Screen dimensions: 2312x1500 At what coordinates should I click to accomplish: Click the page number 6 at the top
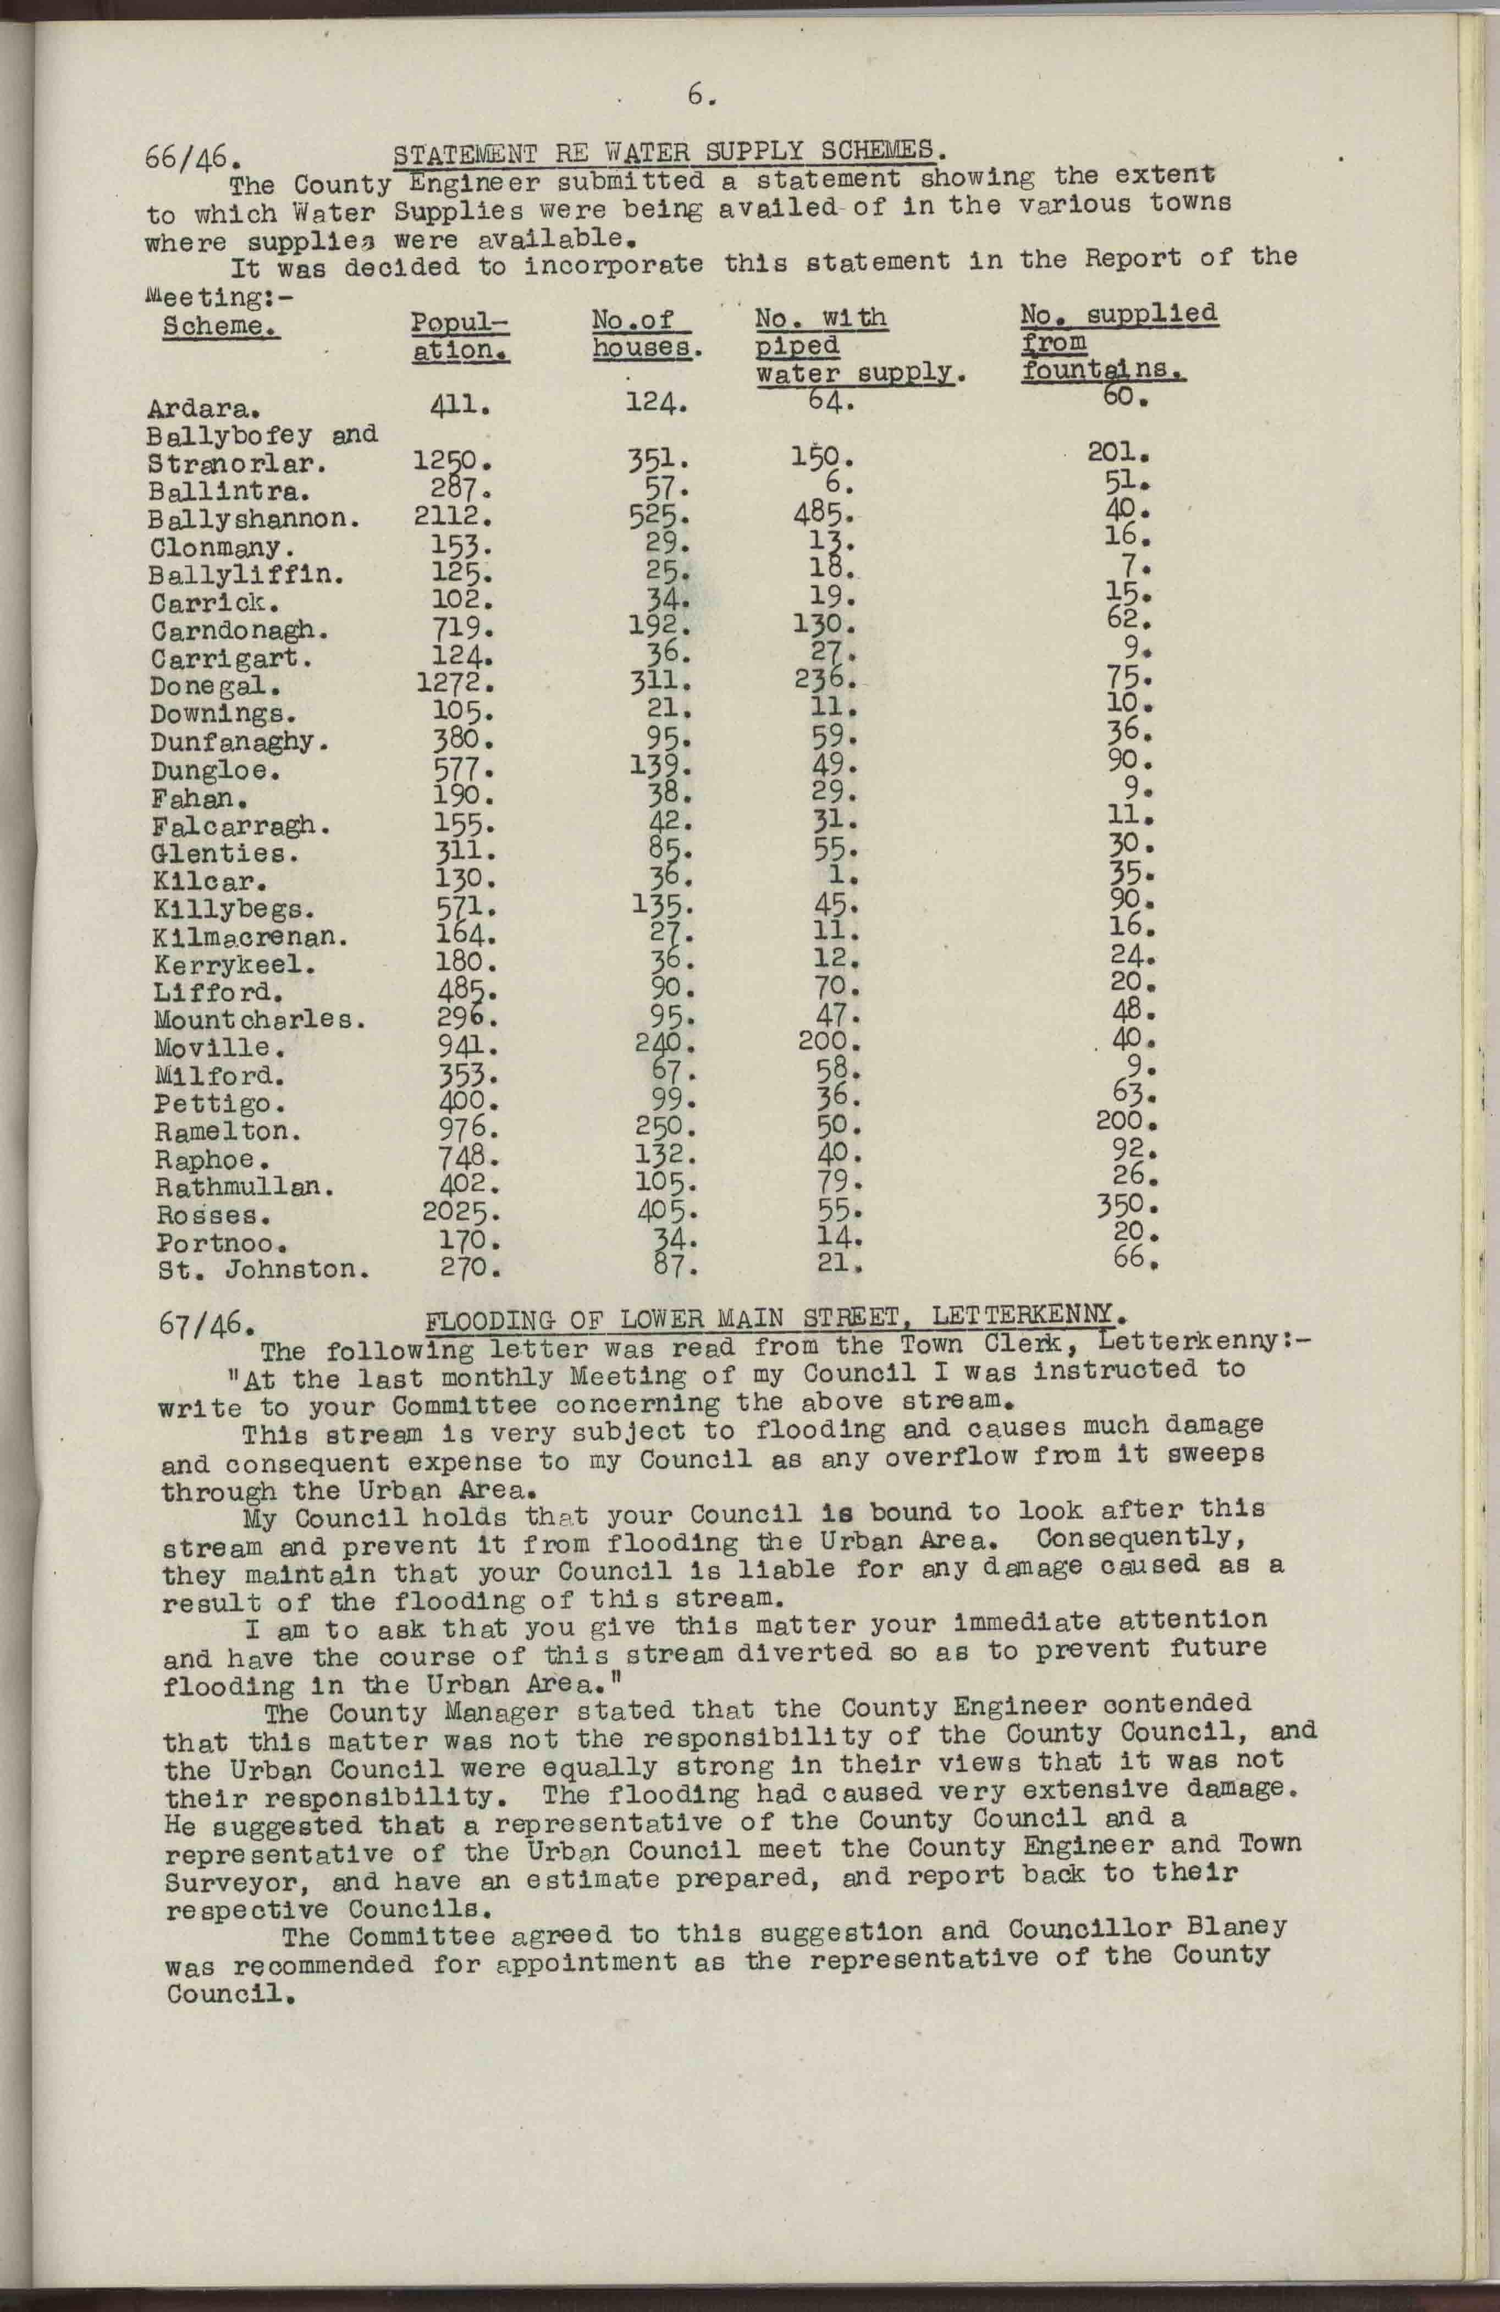(x=699, y=95)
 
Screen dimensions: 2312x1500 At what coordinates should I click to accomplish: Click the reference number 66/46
(x=191, y=157)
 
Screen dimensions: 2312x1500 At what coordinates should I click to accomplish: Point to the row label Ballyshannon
(x=256, y=518)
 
